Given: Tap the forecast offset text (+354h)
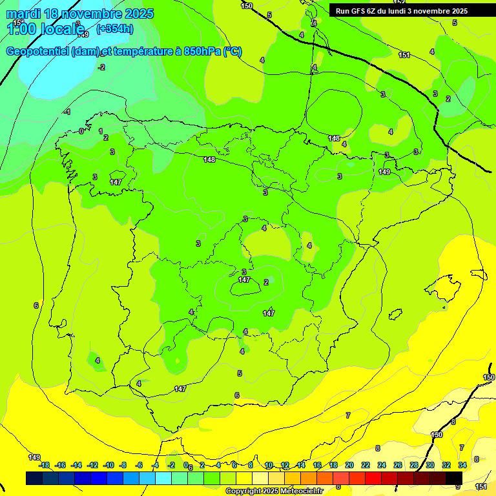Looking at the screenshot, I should coord(115,28).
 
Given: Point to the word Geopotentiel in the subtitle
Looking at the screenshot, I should coord(38,52).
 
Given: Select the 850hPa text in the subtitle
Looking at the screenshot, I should coord(202,52).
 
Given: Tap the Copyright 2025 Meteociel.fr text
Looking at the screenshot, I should coord(274,491).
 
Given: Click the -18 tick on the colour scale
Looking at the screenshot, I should coord(44,465).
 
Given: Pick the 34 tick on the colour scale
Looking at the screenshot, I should coord(462,465).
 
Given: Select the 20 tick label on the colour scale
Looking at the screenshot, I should coord(349,465).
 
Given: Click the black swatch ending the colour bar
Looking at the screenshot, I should coord(454,478).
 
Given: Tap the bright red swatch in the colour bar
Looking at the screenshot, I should coord(373,478).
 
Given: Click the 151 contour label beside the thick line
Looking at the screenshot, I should coord(404,55).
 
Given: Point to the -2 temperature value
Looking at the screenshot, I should coord(101,67).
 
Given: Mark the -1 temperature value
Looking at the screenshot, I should coord(67,112).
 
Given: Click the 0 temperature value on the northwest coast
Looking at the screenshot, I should coord(81,131).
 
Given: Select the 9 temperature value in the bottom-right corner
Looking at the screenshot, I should coord(458,486).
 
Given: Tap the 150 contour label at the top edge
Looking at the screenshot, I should coord(247,6).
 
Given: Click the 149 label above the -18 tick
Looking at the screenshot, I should coord(34,457).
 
